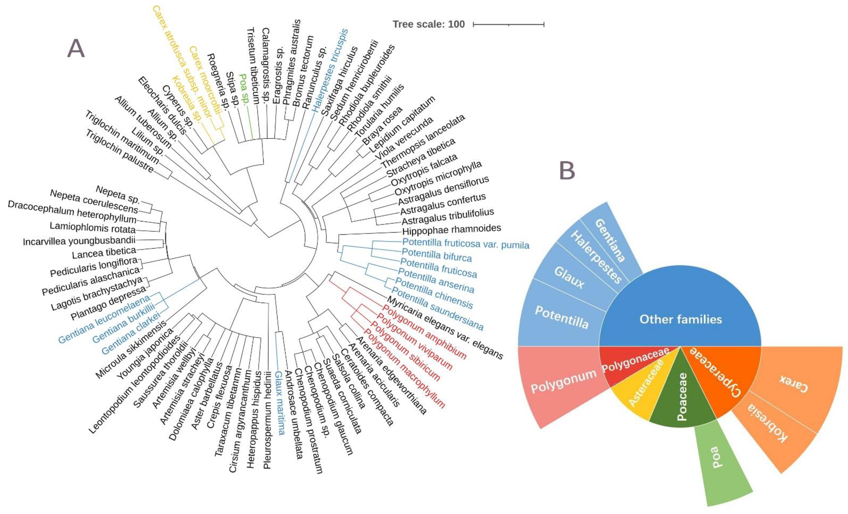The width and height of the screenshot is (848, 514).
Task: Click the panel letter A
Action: point(76,49)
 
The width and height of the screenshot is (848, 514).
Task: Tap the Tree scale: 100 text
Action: point(429,24)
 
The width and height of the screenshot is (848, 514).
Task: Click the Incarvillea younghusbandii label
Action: point(79,241)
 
